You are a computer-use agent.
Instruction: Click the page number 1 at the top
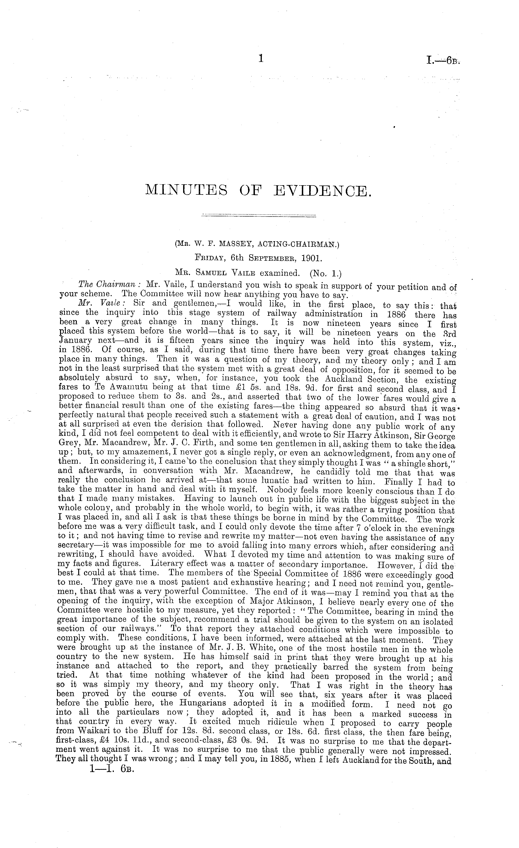tap(261, 59)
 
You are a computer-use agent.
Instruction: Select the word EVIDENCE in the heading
tap(323, 190)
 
